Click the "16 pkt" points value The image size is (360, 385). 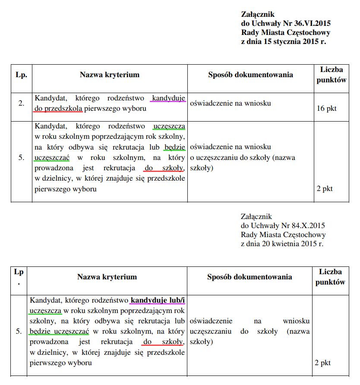click(x=326, y=108)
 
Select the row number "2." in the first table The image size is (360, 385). click(x=21, y=103)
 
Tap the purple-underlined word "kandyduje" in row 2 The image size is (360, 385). click(x=169, y=98)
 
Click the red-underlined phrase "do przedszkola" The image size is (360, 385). click(x=58, y=108)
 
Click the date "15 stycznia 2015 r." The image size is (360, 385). click(x=296, y=42)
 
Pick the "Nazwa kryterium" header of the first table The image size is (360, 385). click(x=110, y=75)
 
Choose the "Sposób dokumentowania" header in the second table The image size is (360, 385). click(x=249, y=277)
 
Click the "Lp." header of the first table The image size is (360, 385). click(x=21, y=75)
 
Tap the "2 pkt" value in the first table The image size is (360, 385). click(x=325, y=188)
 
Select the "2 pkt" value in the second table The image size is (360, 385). click(x=323, y=363)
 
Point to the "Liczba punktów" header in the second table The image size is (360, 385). click(x=330, y=277)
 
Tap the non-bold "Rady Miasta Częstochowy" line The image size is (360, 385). click(x=283, y=235)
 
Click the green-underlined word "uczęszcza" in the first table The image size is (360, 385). click(x=169, y=126)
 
